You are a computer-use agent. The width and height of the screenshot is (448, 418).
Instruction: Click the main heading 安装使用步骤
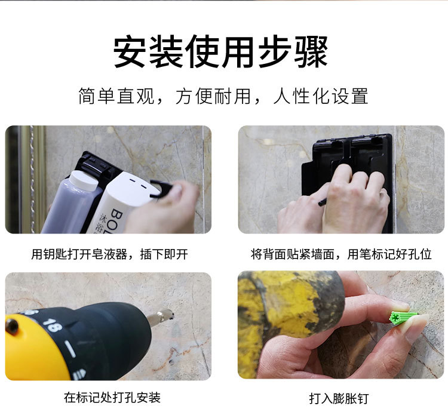click(x=220, y=52)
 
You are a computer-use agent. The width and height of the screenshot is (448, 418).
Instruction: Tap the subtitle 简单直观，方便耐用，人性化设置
click(x=223, y=96)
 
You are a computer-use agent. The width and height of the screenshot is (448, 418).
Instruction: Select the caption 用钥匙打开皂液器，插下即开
click(x=110, y=254)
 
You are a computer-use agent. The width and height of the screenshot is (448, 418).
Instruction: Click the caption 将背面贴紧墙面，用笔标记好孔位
click(x=341, y=254)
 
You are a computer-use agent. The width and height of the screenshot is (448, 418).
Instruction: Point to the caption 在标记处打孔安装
click(x=112, y=398)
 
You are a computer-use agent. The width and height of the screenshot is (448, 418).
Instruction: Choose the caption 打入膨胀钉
click(x=339, y=398)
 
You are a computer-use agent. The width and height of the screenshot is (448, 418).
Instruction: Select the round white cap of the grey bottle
click(x=84, y=180)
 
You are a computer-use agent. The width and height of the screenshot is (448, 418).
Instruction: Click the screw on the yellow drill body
click(x=12, y=326)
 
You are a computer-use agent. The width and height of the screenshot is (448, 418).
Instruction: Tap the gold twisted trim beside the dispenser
click(x=32, y=179)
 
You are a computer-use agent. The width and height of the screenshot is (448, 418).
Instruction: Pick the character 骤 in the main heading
click(x=310, y=52)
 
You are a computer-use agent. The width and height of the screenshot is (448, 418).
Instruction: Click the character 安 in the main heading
click(x=131, y=52)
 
